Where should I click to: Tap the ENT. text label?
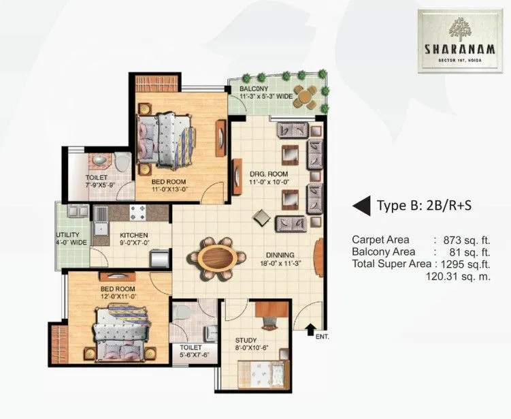pyautogui.click(x=321, y=337)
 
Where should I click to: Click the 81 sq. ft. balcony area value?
pyautogui.click(x=478, y=251)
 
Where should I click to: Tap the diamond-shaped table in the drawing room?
pyautogui.click(x=261, y=218)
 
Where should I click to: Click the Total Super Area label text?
pyautogui.click(x=391, y=264)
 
